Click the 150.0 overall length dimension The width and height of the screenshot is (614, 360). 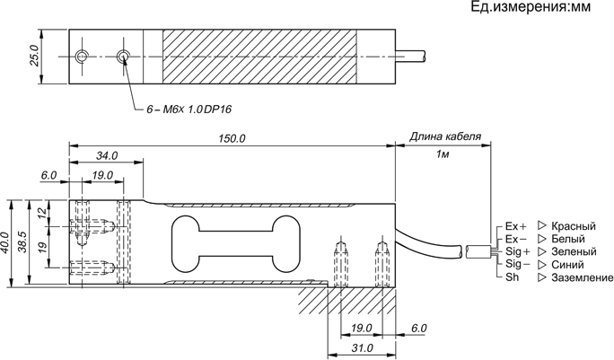(232, 139)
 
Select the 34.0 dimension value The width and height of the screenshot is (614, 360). (107, 156)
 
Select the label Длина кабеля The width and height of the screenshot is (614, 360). (445, 137)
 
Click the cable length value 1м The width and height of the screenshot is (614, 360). (443, 155)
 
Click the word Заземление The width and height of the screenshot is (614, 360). (583, 278)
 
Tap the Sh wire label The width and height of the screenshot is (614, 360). (512, 278)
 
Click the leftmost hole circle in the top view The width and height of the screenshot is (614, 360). (82, 57)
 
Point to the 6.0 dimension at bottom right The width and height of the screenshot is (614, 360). (418, 329)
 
